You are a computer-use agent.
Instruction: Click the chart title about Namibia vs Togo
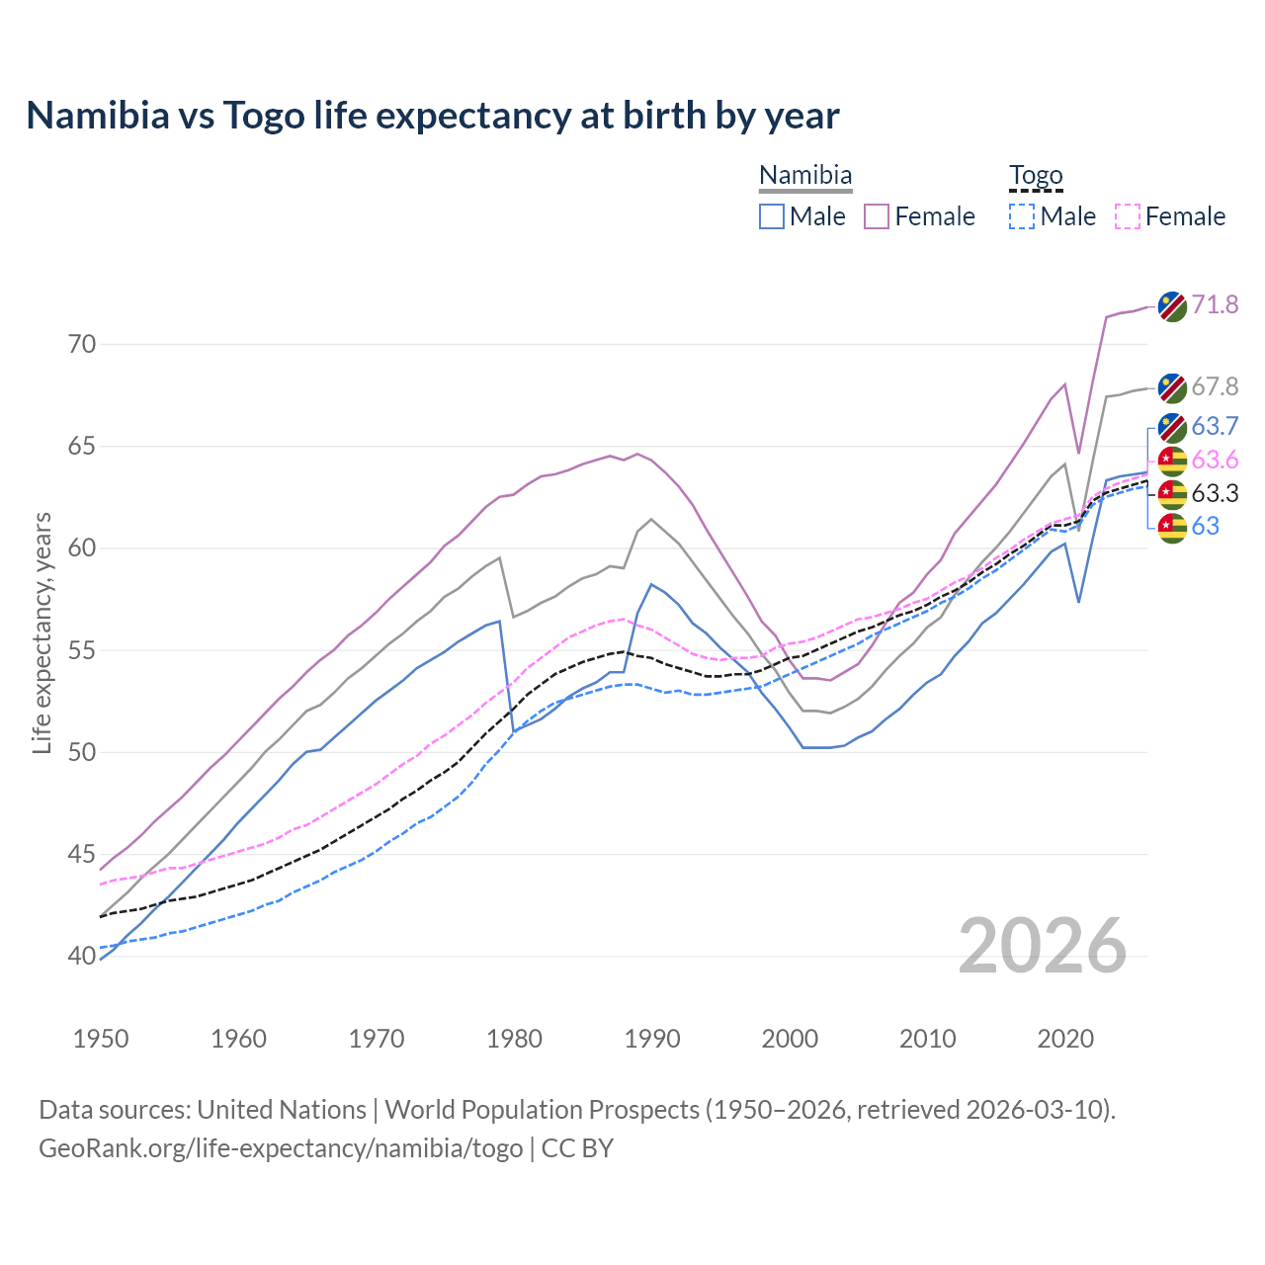433,116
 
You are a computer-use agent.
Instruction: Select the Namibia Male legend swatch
772,216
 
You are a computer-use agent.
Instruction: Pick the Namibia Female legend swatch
877,216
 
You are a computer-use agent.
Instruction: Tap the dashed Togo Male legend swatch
1022,216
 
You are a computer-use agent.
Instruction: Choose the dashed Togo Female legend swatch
1128,216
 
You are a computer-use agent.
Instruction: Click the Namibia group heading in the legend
805,176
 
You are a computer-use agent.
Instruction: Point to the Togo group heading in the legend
1036,176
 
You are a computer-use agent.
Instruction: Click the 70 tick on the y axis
82,345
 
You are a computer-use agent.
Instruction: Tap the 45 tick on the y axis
82,854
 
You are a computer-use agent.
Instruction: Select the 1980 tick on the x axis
514,1039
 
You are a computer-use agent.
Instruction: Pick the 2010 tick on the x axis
927,1039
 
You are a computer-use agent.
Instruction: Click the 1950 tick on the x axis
101,1039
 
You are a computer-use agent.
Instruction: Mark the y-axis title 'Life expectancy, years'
42,632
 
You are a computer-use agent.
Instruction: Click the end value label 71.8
1215,304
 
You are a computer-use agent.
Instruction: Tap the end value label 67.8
1215,386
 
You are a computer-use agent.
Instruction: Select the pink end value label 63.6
1215,460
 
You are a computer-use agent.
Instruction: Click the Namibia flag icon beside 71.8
1172,306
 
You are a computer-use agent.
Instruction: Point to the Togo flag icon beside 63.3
1172,493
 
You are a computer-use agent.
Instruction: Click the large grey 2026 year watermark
1043,946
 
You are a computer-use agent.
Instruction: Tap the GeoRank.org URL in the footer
281,1148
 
